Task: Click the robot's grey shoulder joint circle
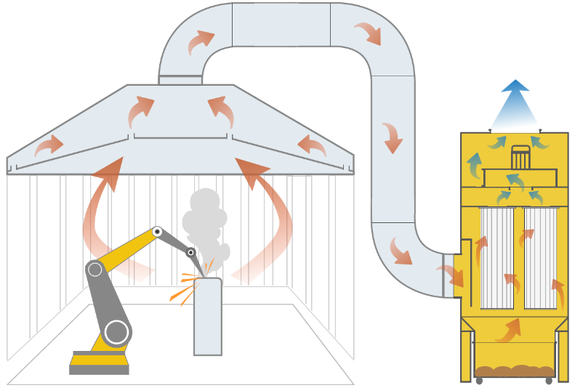click(95, 270)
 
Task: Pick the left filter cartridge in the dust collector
click(498, 257)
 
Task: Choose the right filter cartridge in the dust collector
click(541, 257)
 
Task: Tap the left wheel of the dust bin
click(479, 380)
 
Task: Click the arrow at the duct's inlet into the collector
click(452, 275)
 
